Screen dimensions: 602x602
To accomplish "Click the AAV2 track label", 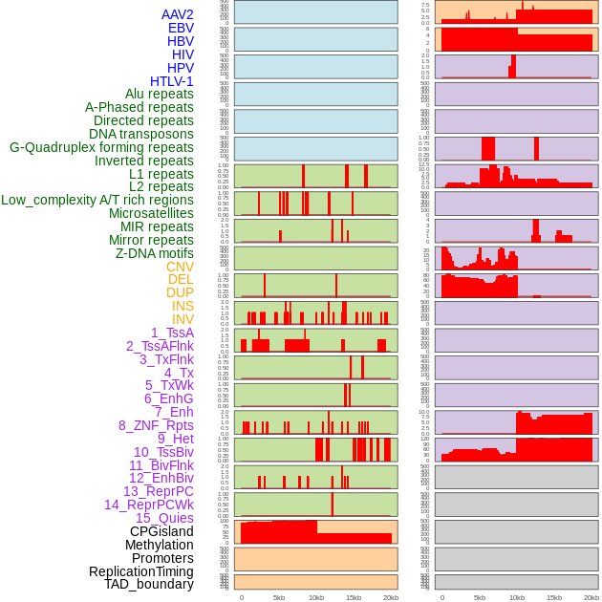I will coord(177,14).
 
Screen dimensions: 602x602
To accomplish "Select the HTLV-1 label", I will coord(171,81).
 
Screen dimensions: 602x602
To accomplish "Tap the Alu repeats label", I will coord(159,94).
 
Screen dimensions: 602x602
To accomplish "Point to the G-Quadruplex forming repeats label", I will coord(101,147).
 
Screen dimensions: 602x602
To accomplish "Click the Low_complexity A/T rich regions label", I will coord(97,200).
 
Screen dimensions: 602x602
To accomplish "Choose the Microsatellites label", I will coord(151,213).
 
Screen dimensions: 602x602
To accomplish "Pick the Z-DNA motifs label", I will coord(154,253).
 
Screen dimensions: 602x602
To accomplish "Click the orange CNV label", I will coord(180,267).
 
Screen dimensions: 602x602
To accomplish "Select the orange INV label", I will coord(183,319).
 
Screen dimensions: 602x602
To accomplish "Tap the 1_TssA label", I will coord(172,333).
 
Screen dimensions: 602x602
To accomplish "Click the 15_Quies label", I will coord(164,518).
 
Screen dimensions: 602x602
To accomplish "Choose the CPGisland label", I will coord(161,531).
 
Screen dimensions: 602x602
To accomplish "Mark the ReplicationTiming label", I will coord(140,571).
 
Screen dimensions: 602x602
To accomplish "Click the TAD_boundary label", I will coord(148,584).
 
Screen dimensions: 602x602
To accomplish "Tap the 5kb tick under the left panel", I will coord(279,597).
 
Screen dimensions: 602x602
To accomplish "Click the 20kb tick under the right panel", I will coord(591,597).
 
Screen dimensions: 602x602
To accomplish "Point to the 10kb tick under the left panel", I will coord(316,597).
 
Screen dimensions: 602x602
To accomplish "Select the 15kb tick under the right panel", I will coord(554,597).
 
